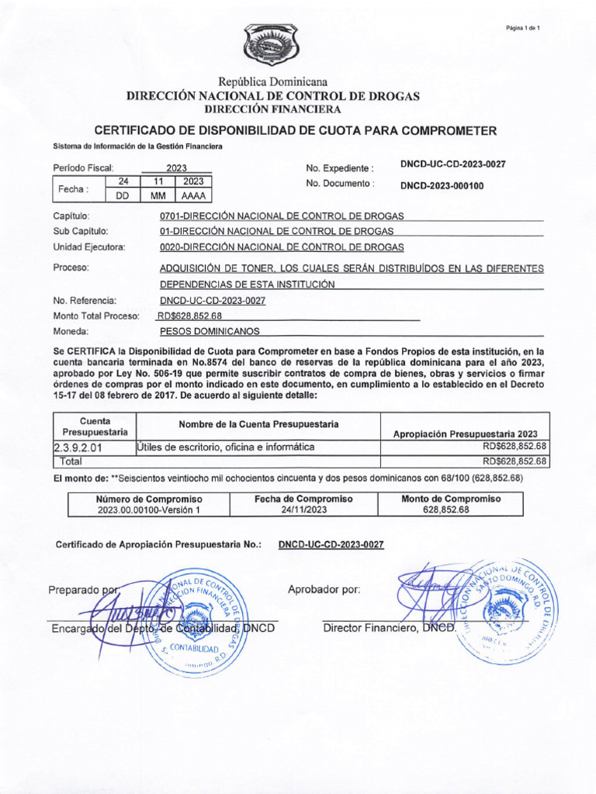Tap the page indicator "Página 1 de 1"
pos(522,29)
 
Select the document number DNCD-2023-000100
pos(442,185)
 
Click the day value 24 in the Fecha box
pos(123,181)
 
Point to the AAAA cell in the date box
pos(192,195)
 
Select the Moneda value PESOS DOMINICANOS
pos(210,331)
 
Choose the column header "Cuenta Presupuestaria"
pos(95,426)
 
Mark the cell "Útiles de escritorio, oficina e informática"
pos(225,447)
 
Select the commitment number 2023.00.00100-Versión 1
pos(149,510)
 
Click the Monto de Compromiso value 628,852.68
pos(446,510)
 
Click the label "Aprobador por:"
pos(324,589)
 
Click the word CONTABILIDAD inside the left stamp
pos(194,646)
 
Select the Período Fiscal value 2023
pos(177,167)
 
